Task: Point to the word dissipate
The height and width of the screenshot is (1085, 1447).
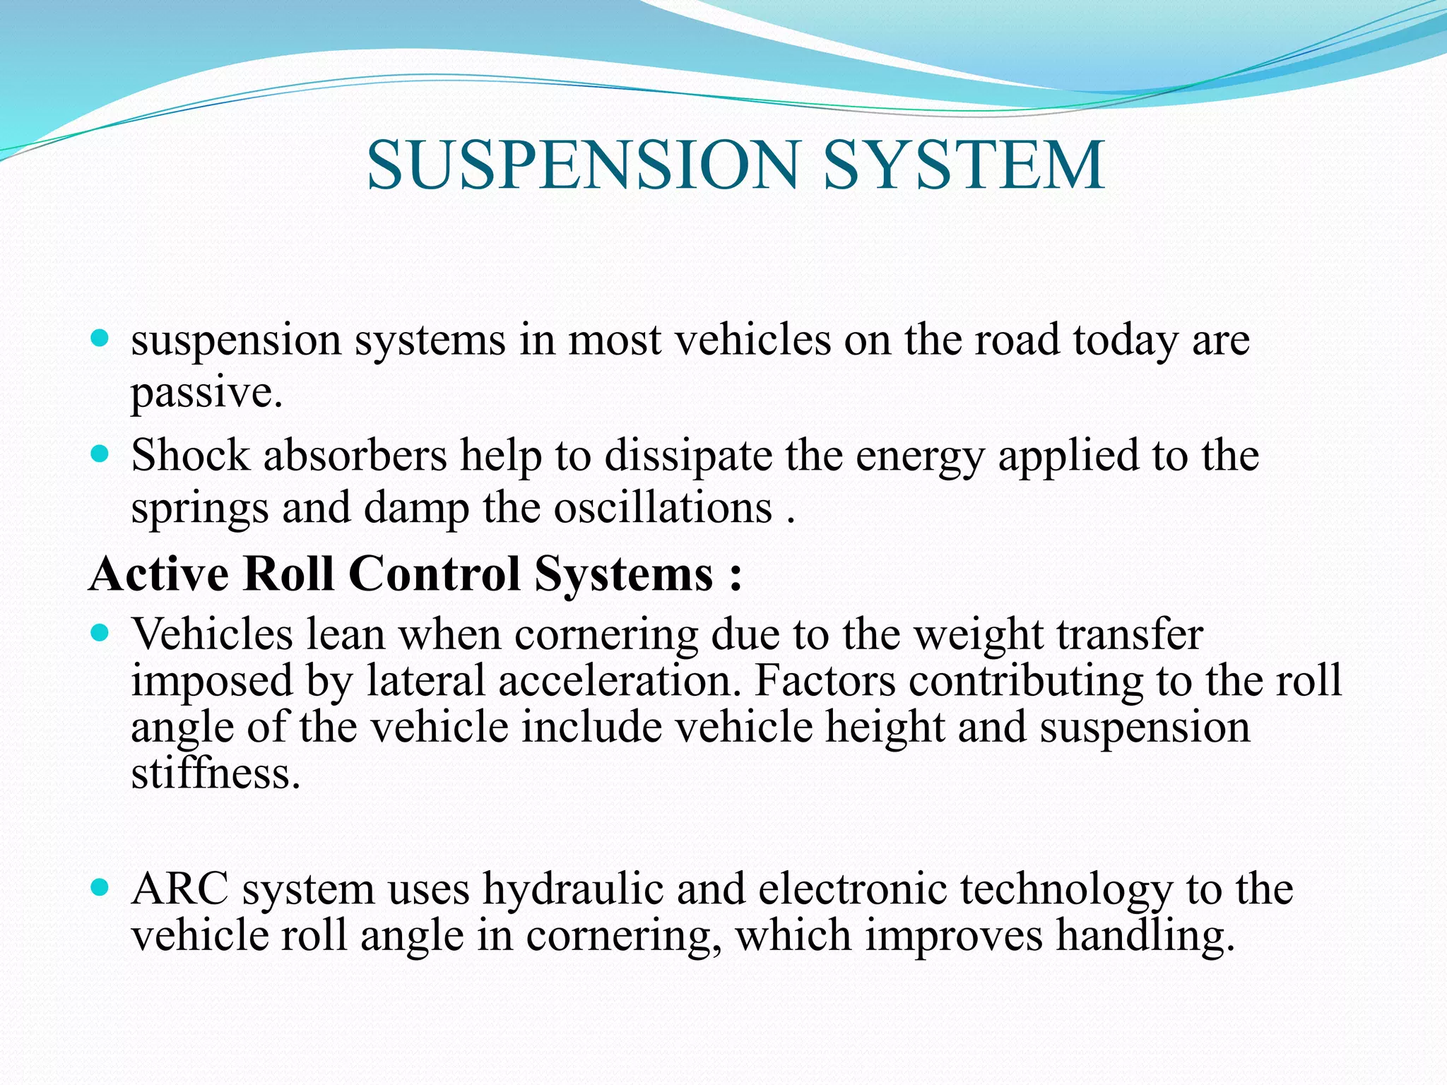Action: tap(689, 456)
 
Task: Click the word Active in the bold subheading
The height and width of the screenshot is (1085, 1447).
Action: tap(159, 573)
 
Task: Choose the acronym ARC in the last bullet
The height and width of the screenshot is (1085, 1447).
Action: tap(180, 888)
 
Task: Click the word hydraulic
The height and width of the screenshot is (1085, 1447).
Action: tap(573, 889)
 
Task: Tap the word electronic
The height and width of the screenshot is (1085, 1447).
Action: tap(852, 888)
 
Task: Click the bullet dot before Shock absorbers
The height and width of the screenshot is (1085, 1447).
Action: tap(100, 453)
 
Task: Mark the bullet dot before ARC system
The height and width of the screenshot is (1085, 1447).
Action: tap(100, 887)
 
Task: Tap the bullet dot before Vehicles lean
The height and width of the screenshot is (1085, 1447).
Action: tap(100, 632)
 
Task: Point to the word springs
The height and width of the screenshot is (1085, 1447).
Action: tap(200, 509)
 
